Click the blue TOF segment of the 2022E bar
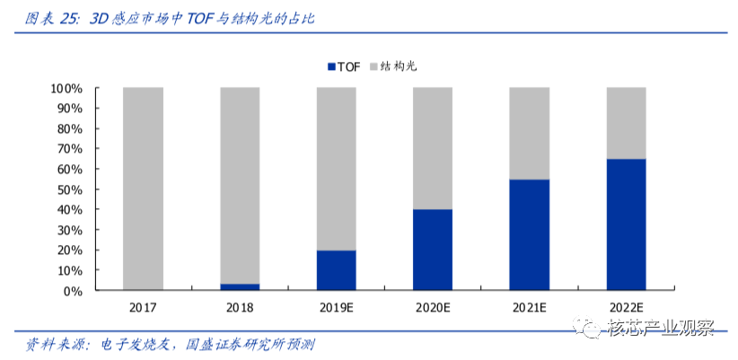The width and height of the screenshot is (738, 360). [626, 224]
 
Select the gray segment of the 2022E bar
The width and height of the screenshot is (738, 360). [626, 123]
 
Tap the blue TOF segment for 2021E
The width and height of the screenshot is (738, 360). [529, 234]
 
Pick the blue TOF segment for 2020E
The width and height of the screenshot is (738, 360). [433, 250]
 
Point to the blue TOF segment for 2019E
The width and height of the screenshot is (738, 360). [336, 270]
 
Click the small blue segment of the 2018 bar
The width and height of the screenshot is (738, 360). [240, 286]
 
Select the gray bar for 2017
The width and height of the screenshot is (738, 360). [143, 189]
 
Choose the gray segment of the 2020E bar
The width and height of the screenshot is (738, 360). [433, 148]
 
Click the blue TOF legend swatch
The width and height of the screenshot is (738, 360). [332, 67]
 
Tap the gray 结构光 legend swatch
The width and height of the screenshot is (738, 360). [373, 67]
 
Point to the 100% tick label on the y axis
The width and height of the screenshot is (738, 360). [66, 88]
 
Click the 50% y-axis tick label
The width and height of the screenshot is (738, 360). [70, 189]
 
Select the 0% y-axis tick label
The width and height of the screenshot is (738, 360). [73, 290]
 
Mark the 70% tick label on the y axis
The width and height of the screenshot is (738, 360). [70, 149]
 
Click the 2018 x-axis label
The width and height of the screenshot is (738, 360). [240, 308]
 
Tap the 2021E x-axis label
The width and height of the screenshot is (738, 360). [529, 308]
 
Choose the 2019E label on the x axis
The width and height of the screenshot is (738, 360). [336, 308]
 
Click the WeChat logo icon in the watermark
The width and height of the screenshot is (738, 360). [587, 327]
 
